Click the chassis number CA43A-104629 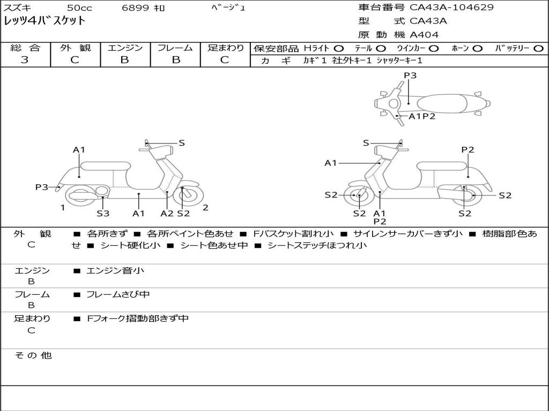coord(451,7)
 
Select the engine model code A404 coord(424,35)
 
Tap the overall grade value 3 coord(25,60)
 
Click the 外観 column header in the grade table coord(75,48)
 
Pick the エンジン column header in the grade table coord(125,48)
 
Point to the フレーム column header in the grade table coord(175,48)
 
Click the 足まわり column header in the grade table coord(225,48)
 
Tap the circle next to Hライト coord(339,49)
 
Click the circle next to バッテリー coord(538,49)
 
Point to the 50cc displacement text coord(79,8)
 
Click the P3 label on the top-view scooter coord(410,75)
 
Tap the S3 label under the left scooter coord(103,214)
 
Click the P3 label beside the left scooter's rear coord(42,187)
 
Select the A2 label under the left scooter coord(167,214)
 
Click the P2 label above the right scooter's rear coord(468,150)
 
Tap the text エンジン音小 coord(115,271)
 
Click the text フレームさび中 coord(118,294)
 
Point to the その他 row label coord(33,355)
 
